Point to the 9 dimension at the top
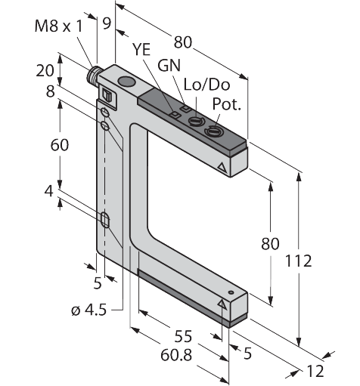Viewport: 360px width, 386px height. point(107,23)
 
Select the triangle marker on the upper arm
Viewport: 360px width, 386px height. point(222,164)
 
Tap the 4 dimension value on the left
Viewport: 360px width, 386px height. point(48,193)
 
